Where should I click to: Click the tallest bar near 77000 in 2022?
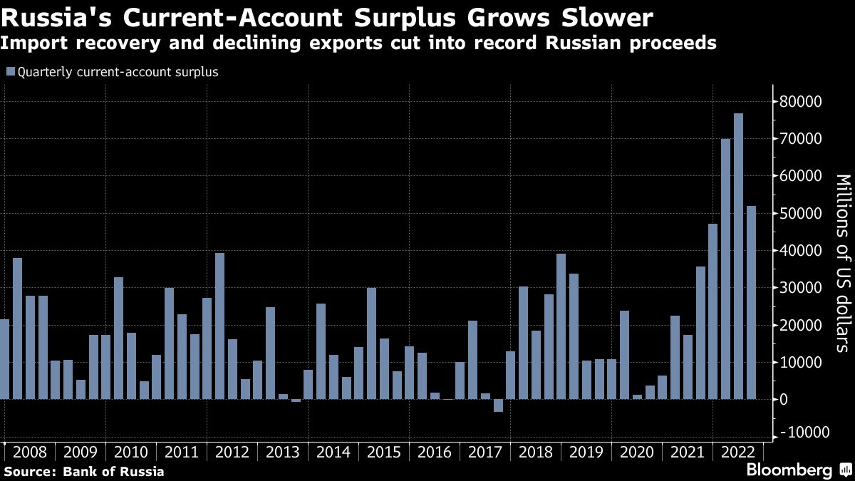(738, 257)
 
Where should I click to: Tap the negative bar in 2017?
(498, 405)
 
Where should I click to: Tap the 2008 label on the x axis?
(30, 452)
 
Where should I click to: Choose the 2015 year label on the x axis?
(384, 452)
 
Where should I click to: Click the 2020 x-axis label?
(637, 452)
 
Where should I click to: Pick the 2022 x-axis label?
(738, 452)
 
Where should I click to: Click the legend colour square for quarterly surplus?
(9, 72)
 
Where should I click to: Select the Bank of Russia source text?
(114, 471)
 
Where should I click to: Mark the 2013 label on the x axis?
(283, 452)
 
